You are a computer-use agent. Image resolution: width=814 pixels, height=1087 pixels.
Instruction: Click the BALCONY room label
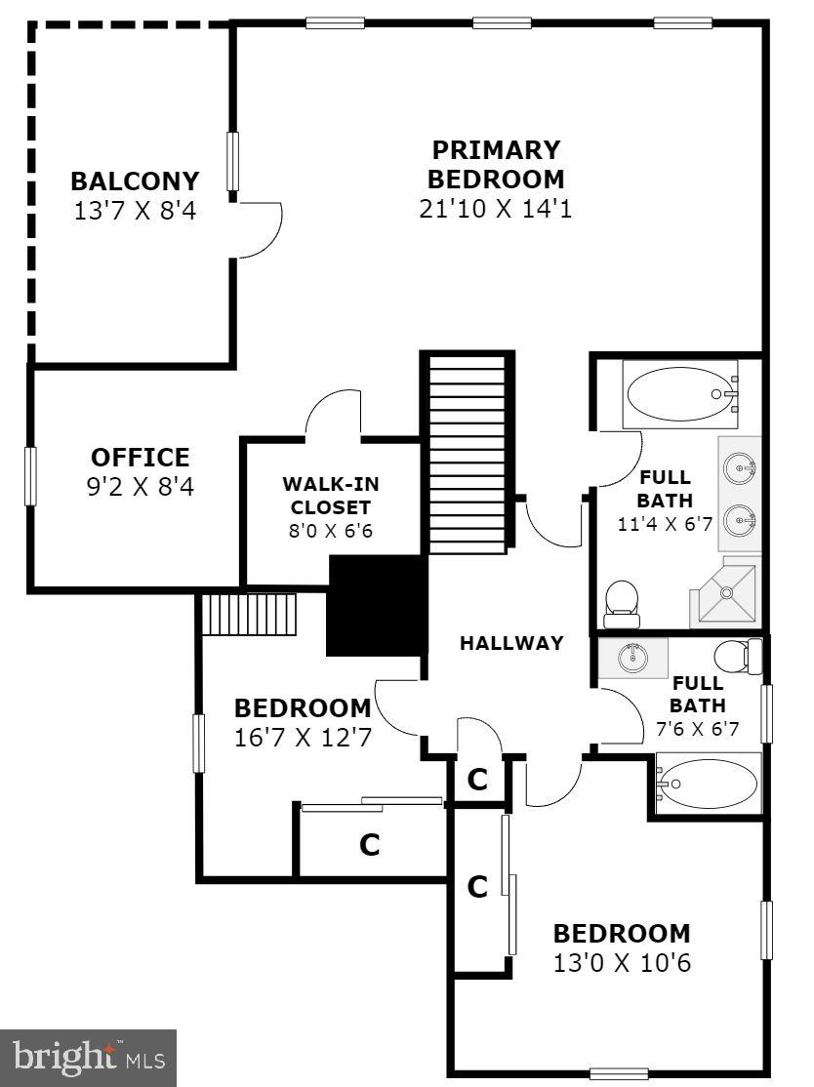(135, 181)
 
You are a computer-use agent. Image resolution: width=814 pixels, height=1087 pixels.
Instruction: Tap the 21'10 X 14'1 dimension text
(496, 209)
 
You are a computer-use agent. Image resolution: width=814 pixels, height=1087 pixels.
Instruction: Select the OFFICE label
(140, 457)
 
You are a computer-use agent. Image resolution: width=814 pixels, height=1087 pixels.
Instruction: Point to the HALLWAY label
(511, 643)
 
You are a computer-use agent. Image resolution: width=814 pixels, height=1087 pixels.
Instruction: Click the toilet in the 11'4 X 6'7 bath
(621, 603)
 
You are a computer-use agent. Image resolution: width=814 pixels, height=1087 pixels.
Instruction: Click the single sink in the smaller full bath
(633, 658)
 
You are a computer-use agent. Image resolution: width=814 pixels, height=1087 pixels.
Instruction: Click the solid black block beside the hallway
(377, 606)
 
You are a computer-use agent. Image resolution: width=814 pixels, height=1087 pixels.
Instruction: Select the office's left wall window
(30, 476)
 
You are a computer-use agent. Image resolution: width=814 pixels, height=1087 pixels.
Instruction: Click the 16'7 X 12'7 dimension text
(303, 738)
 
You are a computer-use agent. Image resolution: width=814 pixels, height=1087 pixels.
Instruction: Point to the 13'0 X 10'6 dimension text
(621, 963)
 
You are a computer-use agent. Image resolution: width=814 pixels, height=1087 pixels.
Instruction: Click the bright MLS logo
(89, 1058)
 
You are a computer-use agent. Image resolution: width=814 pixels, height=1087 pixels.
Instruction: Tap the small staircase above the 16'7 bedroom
(248, 614)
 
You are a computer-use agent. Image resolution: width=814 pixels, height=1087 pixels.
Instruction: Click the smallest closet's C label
(477, 779)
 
